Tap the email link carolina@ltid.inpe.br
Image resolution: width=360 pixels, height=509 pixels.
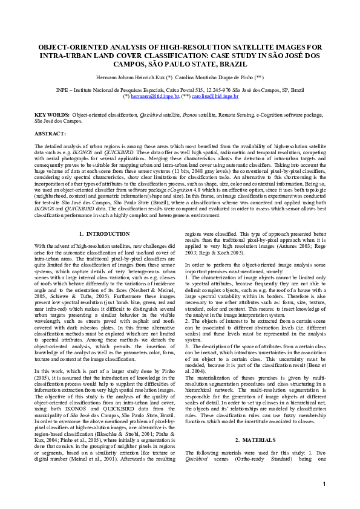click(x=216, y=96)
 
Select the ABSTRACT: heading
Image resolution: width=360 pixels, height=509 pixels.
click(x=50, y=133)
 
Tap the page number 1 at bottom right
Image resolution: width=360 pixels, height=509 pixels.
click(x=324, y=501)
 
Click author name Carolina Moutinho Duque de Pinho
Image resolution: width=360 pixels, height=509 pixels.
click(x=216, y=79)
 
